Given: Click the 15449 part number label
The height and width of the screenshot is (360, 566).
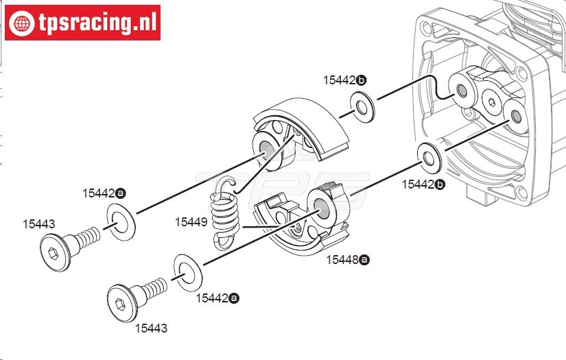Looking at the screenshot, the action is coord(191,222).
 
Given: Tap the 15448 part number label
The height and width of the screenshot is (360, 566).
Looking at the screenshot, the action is coord(342,260).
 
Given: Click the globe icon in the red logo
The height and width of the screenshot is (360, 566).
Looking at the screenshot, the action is coord(22,23).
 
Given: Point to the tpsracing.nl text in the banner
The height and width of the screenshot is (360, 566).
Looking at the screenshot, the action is coord(97,23).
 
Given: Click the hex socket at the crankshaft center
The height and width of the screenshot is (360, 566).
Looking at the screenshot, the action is coord(491,102).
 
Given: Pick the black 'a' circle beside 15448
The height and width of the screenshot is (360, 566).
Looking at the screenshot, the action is coord(364,260).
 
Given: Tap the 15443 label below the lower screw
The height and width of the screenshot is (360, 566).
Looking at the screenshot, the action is coord(151,328).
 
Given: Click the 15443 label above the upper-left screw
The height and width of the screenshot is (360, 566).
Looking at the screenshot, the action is coord(38,224).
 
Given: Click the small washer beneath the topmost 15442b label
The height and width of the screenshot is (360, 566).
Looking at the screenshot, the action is coord(362,107).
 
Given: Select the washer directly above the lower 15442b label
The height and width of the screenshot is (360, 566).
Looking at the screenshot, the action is coord(429,158).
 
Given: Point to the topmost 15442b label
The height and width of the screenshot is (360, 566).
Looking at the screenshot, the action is coord(344,80).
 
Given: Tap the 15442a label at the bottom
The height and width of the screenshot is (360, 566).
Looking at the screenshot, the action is coord(217,298).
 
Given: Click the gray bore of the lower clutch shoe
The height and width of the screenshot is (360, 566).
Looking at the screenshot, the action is coord(321,208).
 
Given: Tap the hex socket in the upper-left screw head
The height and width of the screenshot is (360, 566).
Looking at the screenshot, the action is coord(54,253).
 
